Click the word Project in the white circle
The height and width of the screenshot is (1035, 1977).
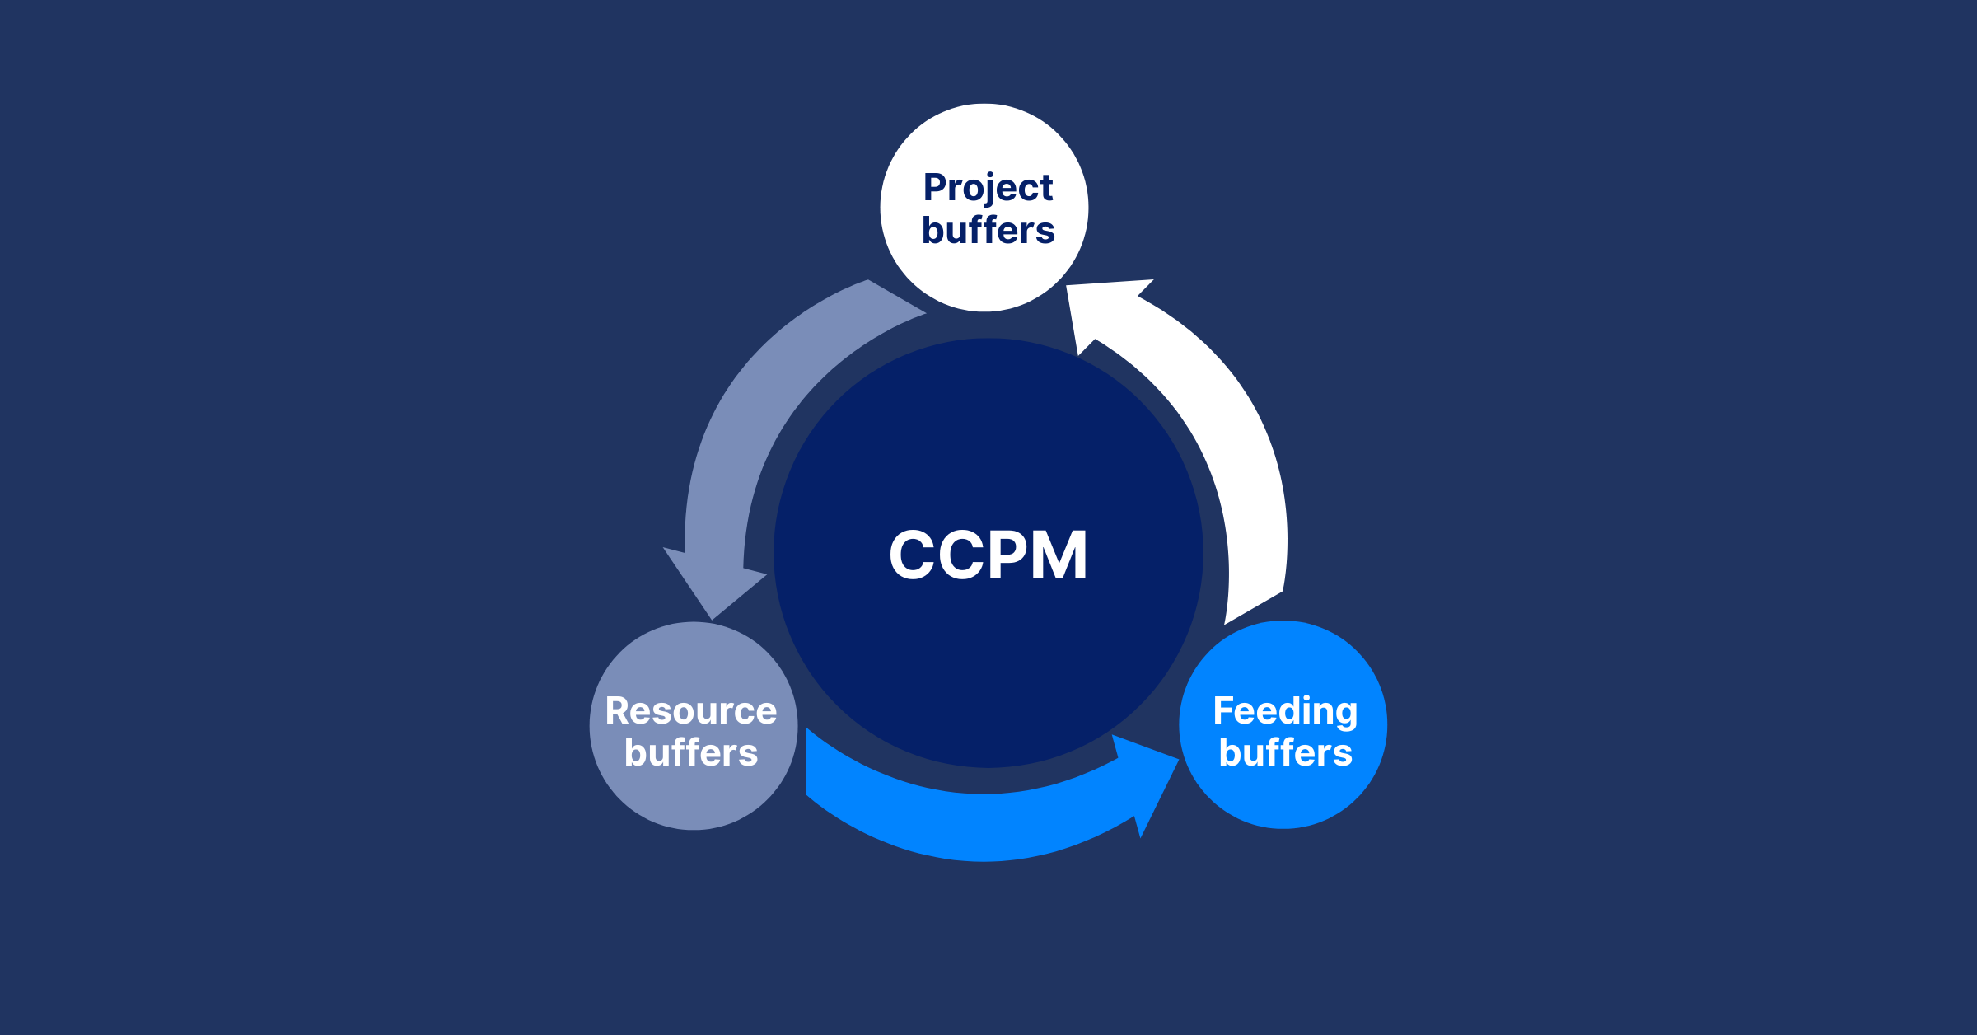(x=988, y=188)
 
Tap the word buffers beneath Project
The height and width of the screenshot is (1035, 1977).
(x=988, y=231)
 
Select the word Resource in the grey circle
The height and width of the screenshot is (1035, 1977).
(x=690, y=711)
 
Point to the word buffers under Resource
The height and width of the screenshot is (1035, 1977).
(x=690, y=753)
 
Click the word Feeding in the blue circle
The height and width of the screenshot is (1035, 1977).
(x=1285, y=711)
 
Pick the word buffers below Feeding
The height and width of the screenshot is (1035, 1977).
(x=1285, y=753)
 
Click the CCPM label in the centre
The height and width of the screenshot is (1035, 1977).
(x=988, y=555)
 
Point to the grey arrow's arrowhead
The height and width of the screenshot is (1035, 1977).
(x=713, y=581)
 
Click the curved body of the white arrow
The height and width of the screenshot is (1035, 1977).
(x=1236, y=461)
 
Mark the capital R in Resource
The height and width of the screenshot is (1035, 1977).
(x=618, y=711)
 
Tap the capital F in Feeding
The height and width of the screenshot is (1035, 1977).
(x=1223, y=711)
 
